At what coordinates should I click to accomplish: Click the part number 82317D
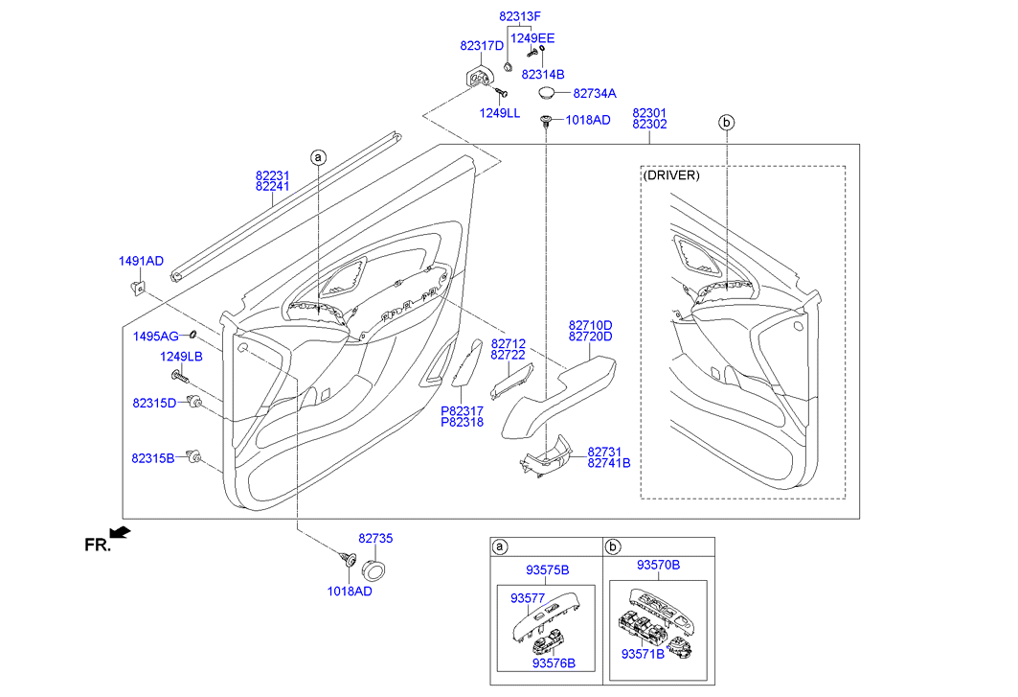(482, 45)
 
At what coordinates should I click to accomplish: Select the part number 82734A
(595, 94)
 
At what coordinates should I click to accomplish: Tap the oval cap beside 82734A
(547, 92)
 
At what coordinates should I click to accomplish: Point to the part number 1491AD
(141, 261)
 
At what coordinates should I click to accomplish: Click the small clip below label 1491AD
(138, 287)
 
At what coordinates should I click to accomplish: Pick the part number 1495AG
(156, 337)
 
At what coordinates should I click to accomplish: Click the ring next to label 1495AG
(192, 335)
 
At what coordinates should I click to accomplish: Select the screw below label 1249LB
(180, 376)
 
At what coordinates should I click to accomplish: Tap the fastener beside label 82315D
(194, 402)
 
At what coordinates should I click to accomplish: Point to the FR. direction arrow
(120, 532)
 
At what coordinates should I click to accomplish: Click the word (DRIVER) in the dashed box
(671, 175)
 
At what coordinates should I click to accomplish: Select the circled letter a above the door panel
(318, 157)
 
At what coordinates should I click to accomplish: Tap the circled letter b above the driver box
(727, 122)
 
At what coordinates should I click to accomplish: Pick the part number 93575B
(547, 570)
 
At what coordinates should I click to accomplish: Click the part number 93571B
(643, 654)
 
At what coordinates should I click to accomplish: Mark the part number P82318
(463, 422)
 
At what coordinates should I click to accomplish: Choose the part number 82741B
(609, 463)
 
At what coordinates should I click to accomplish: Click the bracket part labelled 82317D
(480, 78)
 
